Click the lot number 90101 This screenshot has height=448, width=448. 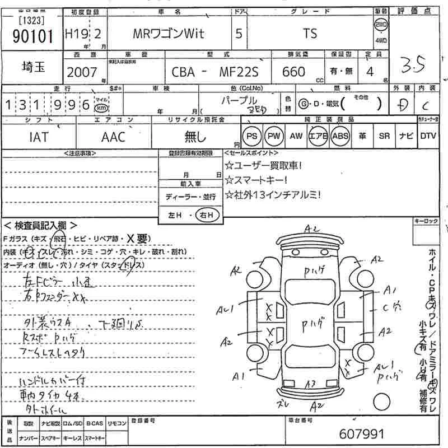coord(32,36)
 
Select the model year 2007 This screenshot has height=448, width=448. coord(82,72)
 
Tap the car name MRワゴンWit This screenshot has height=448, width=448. coord(168,34)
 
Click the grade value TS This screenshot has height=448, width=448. coord(310,34)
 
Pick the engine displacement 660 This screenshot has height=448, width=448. coord(294,72)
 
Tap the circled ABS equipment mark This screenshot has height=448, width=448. coord(340,136)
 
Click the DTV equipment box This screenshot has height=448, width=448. coord(428,136)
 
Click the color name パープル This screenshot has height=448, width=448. coord(248,99)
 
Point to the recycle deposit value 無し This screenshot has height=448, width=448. coord(195,136)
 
